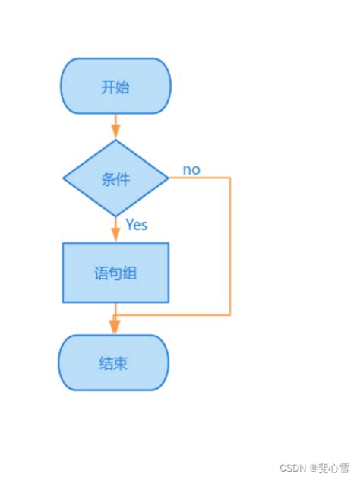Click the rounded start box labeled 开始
coord(115,86)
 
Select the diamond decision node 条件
coord(115,179)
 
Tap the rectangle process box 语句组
coord(115,273)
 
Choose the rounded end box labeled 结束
coord(114,362)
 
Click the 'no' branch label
coord(191,169)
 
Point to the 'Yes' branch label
coord(136,225)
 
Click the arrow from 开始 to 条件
coord(115,126)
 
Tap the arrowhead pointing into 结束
coord(115,326)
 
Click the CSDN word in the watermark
coord(292,468)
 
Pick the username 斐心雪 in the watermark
coord(333,468)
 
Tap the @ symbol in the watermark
coord(311,468)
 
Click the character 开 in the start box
coord(108,87)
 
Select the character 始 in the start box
coord(122,87)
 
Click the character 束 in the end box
coord(122,363)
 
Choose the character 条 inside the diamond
coord(108,180)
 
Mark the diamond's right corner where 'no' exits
coord(167,178)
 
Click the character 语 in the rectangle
coord(101,273)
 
